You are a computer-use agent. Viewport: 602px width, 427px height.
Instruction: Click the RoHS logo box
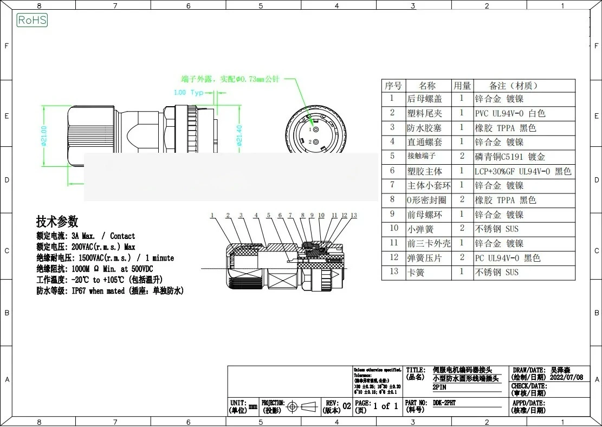pos(33,21)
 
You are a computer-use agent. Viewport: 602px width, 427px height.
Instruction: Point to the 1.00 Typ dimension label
pos(188,93)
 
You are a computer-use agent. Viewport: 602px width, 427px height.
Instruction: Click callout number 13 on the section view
pos(354,216)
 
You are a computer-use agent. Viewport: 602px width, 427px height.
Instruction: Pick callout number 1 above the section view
pos(213,216)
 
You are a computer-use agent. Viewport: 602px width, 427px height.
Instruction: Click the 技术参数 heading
pos(57,221)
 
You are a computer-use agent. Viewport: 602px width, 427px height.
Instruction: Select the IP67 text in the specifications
pos(80,291)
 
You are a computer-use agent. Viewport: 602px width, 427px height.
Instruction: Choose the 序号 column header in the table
pos(393,86)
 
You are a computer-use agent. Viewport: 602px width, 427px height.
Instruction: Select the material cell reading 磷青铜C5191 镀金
pos(510,157)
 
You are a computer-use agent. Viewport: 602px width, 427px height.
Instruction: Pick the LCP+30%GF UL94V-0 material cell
pos(523,171)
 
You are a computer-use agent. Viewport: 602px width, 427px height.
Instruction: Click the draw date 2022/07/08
pos(566,377)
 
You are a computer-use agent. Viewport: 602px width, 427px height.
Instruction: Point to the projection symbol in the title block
pos(300,406)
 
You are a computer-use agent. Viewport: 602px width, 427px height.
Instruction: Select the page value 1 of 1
pos(385,406)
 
